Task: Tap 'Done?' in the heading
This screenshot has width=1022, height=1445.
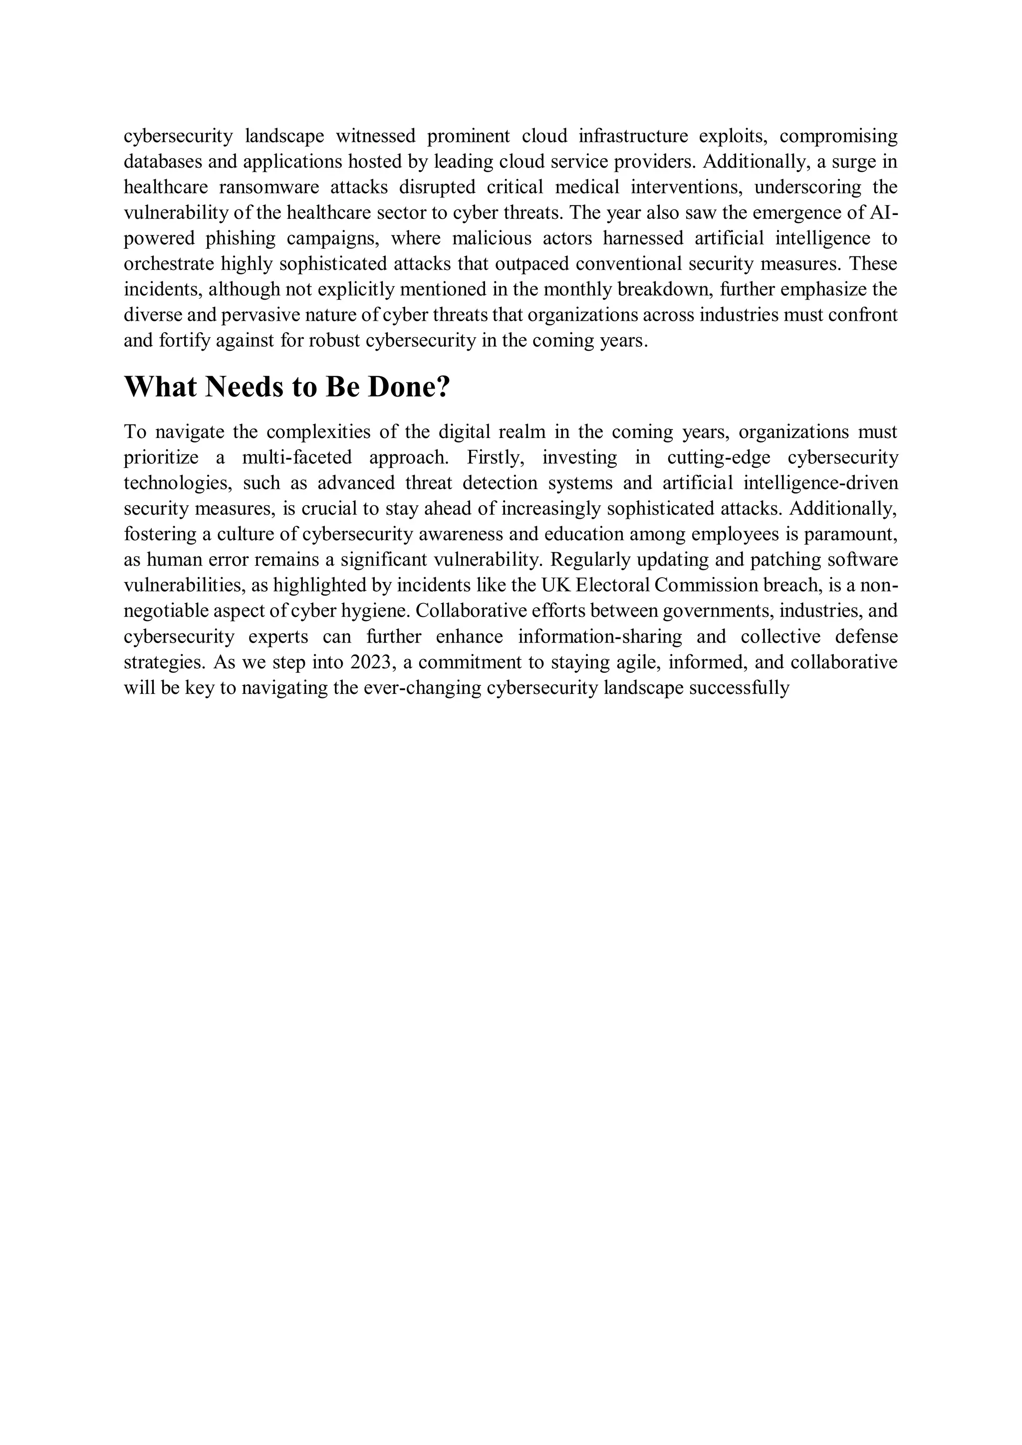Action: coord(409,387)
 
